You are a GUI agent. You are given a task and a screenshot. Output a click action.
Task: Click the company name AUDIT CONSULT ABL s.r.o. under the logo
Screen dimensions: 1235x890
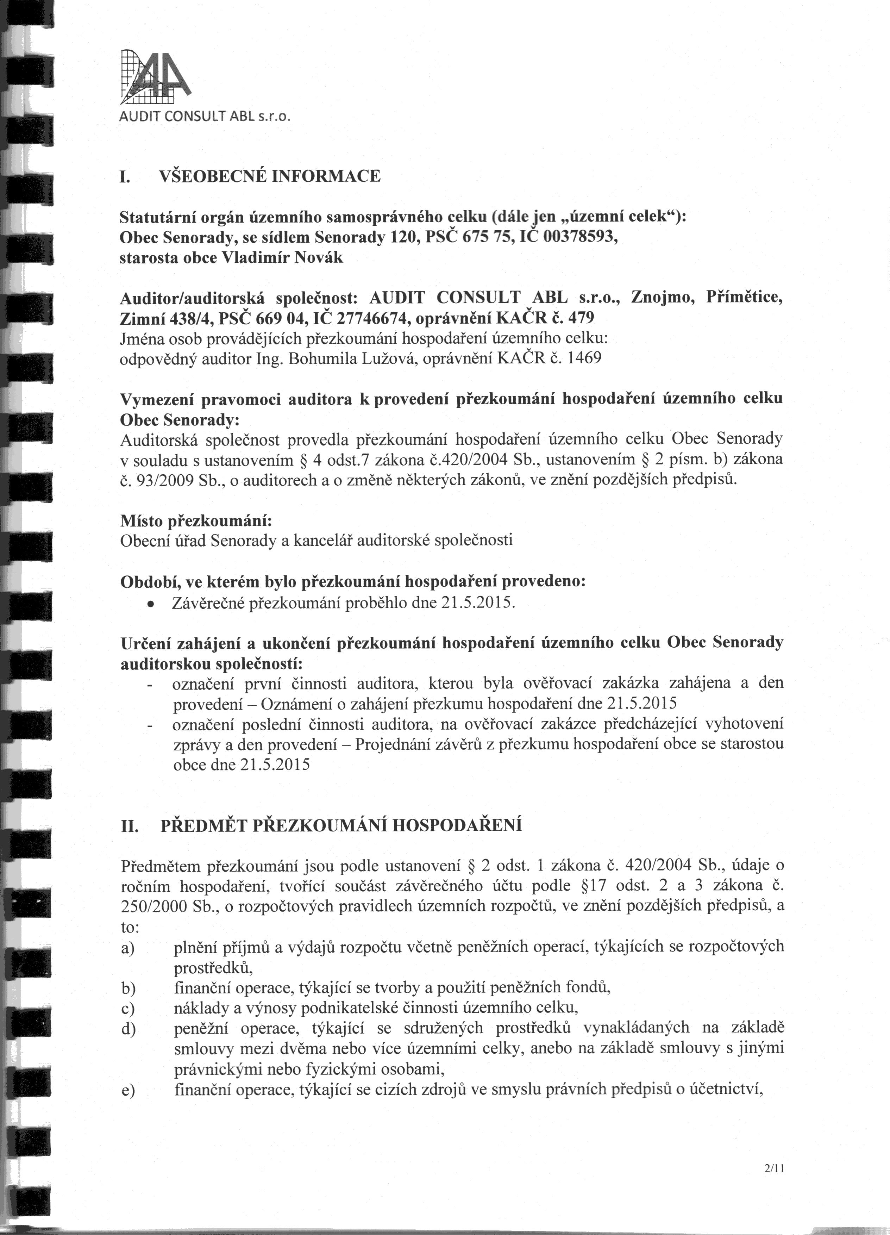206,117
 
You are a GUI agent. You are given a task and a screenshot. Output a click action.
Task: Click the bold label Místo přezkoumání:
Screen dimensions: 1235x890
195,521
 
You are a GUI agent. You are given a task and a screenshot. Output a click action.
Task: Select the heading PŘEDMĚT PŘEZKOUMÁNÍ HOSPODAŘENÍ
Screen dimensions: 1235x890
341,825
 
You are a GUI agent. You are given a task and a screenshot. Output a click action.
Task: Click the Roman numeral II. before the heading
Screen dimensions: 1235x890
130,827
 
